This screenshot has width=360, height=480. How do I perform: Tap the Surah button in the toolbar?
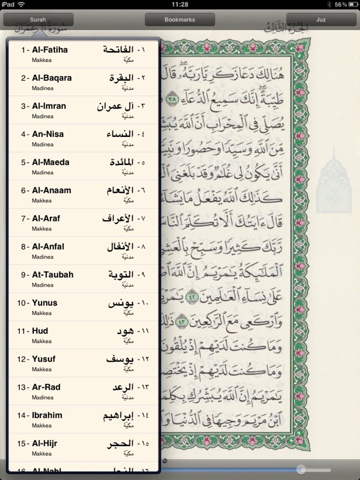(x=38, y=20)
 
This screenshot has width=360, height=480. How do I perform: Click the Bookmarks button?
(x=180, y=20)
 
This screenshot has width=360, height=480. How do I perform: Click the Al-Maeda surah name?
(x=51, y=162)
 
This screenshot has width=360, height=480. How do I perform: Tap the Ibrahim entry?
(x=47, y=415)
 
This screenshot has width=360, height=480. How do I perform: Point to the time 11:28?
(x=180, y=4)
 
